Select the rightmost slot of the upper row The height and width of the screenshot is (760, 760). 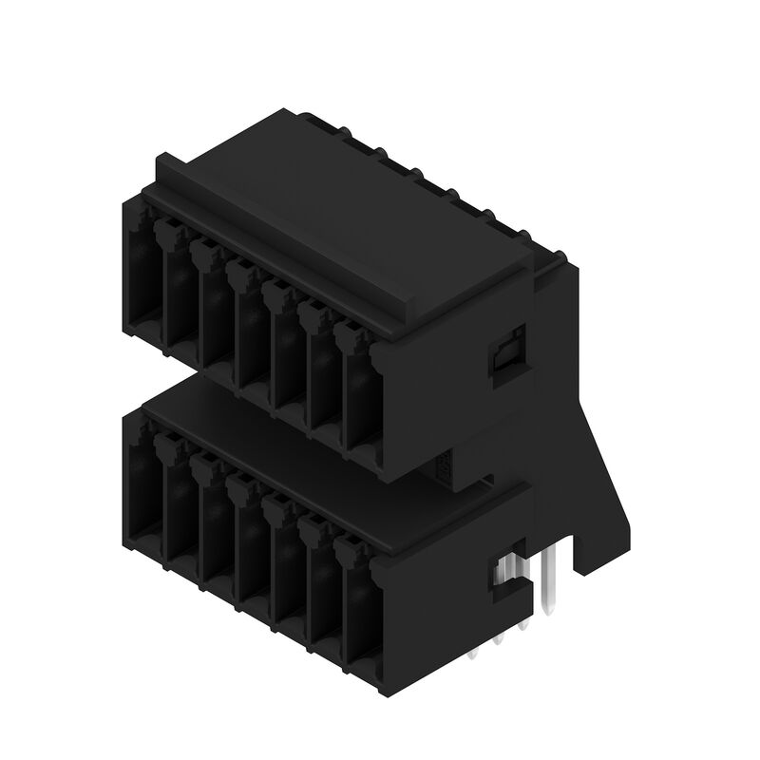(x=359, y=399)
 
